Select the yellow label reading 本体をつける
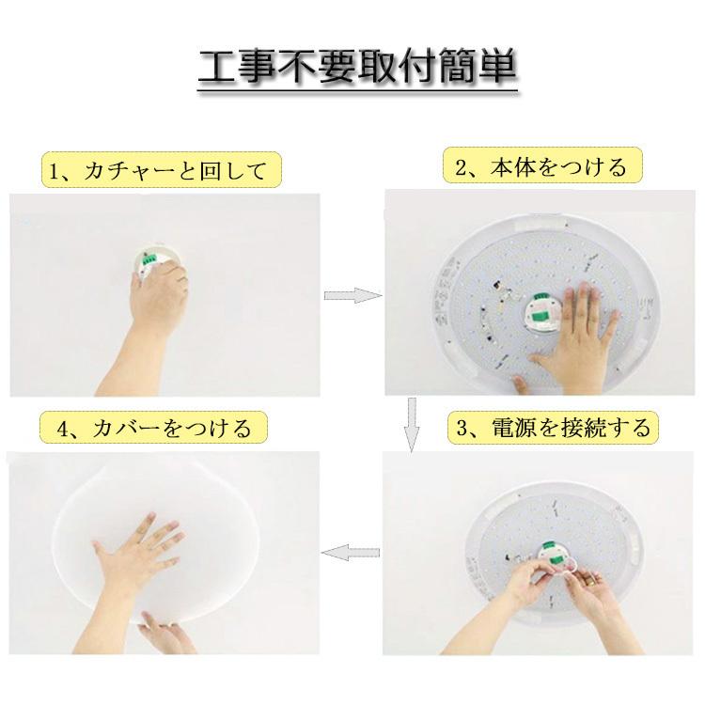(x=540, y=168)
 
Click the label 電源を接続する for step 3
(x=551, y=429)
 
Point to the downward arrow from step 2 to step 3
(x=411, y=422)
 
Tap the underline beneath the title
(x=358, y=92)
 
